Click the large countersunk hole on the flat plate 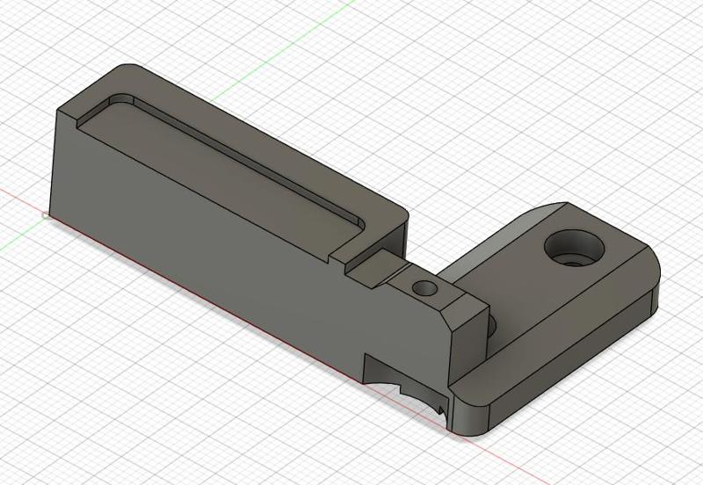pos(576,249)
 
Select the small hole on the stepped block pos(426,287)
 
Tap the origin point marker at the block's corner pos(46,214)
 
